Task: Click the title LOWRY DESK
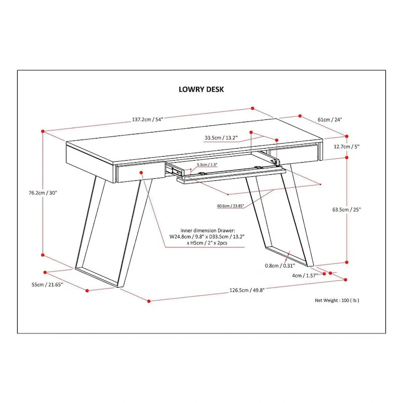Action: point(201,89)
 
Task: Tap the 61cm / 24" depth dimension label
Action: point(329,120)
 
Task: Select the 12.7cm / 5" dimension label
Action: point(347,147)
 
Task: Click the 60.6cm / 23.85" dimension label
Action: point(217,206)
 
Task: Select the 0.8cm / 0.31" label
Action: point(279,266)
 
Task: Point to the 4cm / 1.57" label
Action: point(304,276)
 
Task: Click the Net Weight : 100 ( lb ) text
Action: point(337,300)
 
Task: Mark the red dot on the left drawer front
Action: point(142,172)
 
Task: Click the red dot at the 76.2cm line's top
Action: point(43,131)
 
